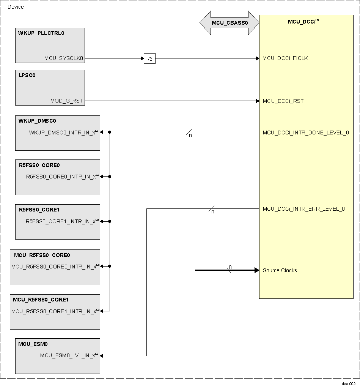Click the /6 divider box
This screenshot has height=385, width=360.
pos(150,58)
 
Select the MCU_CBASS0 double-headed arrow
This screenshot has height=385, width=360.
pos(230,23)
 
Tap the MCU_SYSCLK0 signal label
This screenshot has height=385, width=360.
pos(64,58)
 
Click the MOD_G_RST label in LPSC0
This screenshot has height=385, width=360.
pos(67,101)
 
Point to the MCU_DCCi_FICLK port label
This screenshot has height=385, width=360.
pos(285,58)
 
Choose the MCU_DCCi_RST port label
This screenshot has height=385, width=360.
pos(283,101)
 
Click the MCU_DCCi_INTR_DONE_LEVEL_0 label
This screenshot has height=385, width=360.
pos(305,133)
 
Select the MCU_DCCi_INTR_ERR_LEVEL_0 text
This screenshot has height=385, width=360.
pos(303,209)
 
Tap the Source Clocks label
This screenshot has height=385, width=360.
pos(280,270)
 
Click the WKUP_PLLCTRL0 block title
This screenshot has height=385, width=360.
pos(41,33)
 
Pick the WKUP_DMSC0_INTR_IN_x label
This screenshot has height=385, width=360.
pos(63,133)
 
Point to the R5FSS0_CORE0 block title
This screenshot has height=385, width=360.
pos(39,165)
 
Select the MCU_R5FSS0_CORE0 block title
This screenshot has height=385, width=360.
pos(42,255)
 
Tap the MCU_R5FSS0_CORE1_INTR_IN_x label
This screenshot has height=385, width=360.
pos(54,311)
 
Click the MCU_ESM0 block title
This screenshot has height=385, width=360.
pos(33,344)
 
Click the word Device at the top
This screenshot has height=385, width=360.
pos(16,7)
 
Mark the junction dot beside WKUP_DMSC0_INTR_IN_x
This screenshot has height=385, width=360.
pos(110,132)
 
